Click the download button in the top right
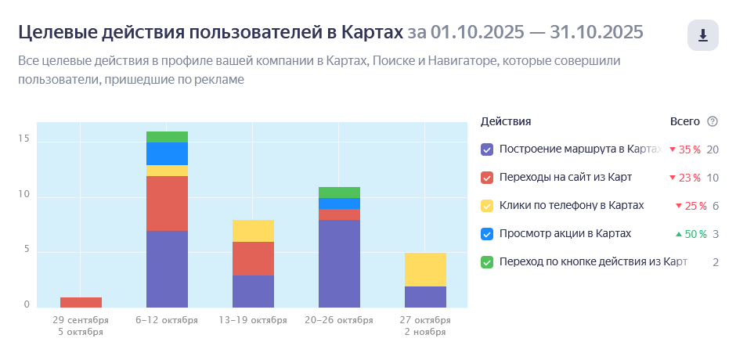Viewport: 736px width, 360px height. click(x=702, y=35)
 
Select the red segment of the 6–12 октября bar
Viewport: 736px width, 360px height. click(x=167, y=203)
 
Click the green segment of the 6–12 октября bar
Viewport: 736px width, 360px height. click(x=167, y=137)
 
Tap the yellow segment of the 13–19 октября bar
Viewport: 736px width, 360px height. click(x=253, y=231)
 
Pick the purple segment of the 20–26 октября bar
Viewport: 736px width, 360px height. click(x=339, y=263)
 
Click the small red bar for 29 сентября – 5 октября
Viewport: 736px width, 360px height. click(x=81, y=302)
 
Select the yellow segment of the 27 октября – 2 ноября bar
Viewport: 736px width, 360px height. click(x=425, y=269)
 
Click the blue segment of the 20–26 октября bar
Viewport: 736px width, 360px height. click(x=339, y=203)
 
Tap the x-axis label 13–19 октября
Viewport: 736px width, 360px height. click(x=253, y=320)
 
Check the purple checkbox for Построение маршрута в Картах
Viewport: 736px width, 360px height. click(x=487, y=149)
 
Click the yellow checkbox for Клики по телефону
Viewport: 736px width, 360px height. click(x=487, y=206)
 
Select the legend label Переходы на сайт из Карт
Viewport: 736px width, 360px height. click(x=565, y=178)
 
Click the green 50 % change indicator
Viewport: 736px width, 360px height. click(x=691, y=234)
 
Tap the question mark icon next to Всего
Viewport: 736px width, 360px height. click(x=712, y=121)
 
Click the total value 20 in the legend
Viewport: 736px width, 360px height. click(x=713, y=149)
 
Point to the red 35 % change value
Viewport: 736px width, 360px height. click(x=688, y=149)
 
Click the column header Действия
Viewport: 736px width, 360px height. click(x=506, y=121)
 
